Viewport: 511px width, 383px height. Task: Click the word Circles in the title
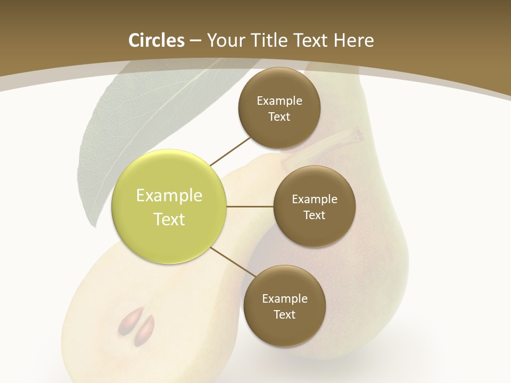coord(156,40)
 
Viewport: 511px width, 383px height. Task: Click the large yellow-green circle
coord(169,206)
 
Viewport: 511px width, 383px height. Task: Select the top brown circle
coord(279,108)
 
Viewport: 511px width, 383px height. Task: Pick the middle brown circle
coord(314,206)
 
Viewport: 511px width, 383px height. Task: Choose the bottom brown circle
coord(284,306)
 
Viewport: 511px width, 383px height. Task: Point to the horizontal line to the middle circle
coord(250,206)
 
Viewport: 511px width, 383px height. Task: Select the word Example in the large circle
coord(169,195)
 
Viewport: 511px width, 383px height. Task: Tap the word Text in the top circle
coord(279,116)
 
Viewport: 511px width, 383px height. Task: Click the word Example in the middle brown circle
coord(314,199)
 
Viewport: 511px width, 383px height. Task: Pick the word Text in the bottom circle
coord(284,314)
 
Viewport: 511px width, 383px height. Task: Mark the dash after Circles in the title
coord(195,41)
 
